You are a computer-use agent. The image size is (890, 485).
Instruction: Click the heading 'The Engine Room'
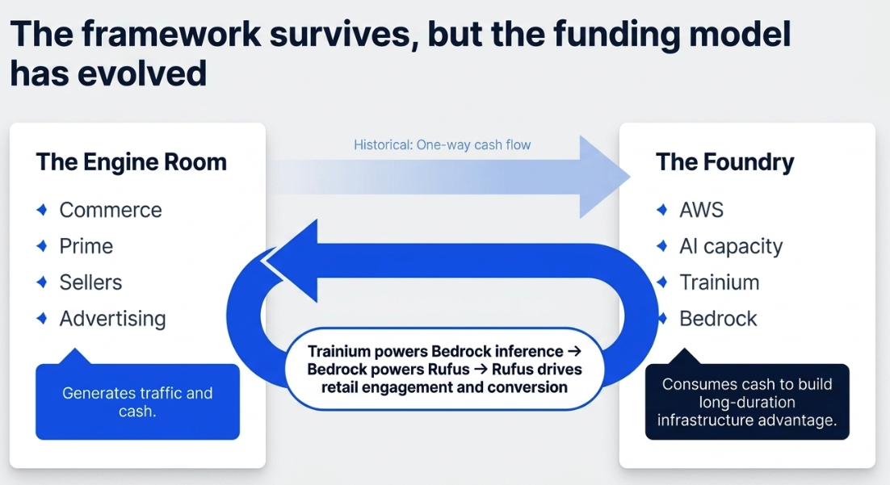pyautogui.click(x=131, y=162)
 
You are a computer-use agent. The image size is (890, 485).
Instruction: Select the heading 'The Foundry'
pyautogui.click(x=724, y=163)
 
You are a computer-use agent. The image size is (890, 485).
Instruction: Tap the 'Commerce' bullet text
pyautogui.click(x=111, y=210)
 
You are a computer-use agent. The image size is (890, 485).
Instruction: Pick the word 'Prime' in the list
pyautogui.click(x=86, y=246)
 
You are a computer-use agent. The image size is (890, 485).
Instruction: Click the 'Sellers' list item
pyautogui.click(x=90, y=282)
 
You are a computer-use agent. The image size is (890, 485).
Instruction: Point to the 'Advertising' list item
pyautogui.click(x=113, y=319)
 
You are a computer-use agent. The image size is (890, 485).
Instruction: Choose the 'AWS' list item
pyautogui.click(x=702, y=210)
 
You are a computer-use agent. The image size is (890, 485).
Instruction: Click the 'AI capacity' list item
pyautogui.click(x=731, y=247)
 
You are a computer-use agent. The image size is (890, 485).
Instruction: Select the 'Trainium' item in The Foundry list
pyautogui.click(x=719, y=282)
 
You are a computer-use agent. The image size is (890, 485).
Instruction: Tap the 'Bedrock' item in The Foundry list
pyautogui.click(x=718, y=319)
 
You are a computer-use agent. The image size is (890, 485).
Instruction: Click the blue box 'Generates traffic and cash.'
pyautogui.click(x=137, y=401)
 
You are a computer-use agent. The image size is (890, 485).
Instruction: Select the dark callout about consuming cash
pyautogui.click(x=747, y=401)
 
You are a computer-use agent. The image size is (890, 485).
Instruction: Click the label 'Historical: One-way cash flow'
pyautogui.click(x=442, y=144)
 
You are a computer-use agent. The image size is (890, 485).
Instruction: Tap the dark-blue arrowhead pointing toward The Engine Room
pyautogui.click(x=292, y=261)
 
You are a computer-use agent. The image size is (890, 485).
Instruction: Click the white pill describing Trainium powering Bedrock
pyautogui.click(x=444, y=369)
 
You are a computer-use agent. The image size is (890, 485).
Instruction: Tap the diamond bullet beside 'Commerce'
pyautogui.click(x=42, y=210)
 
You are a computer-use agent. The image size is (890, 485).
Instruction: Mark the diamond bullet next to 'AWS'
pyautogui.click(x=661, y=210)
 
